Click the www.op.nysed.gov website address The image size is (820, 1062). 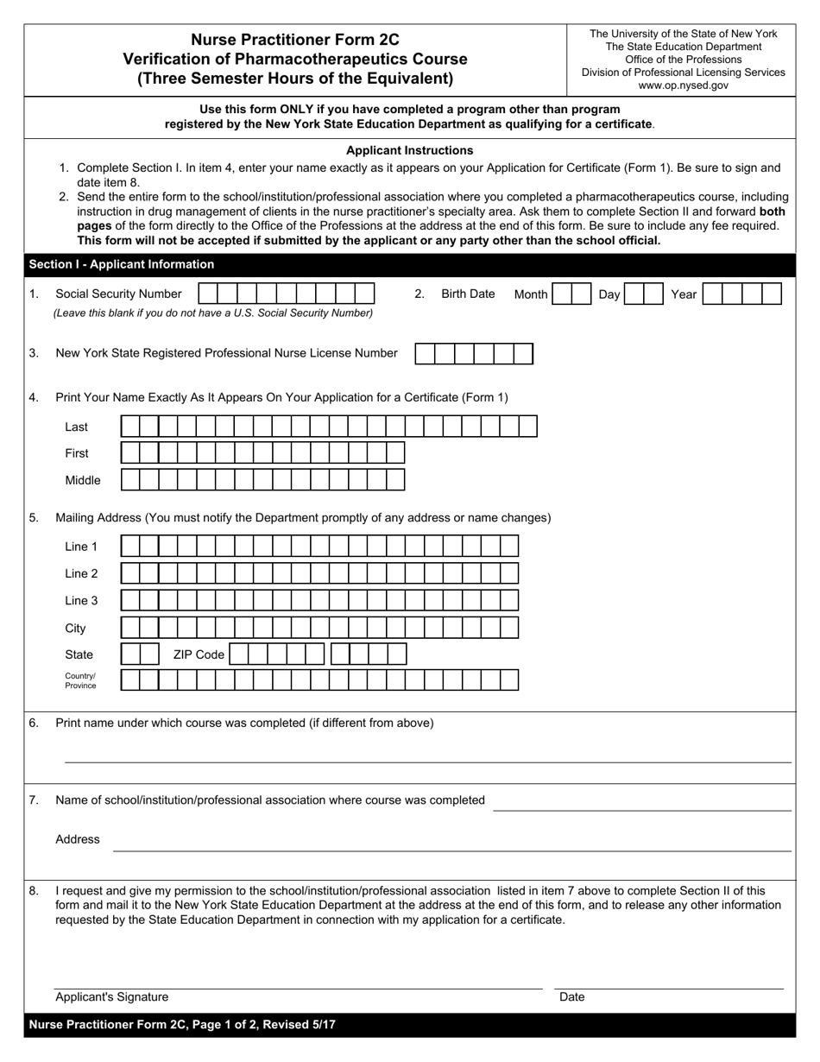coord(683,85)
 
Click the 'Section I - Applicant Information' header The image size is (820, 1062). coord(122,264)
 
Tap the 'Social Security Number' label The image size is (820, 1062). coord(118,294)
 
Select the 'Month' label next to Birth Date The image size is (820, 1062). coord(531,294)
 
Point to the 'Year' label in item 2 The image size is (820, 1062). coord(684,294)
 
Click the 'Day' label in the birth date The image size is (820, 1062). coord(609,294)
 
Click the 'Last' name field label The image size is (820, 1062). coord(77,427)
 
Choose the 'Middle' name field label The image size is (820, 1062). coord(83,480)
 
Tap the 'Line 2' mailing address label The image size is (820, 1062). coord(81,573)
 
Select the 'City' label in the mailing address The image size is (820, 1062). coord(75,629)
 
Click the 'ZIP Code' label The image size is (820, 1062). coord(199,654)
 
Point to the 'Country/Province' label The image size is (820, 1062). coord(80,680)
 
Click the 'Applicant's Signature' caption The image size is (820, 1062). coord(112,996)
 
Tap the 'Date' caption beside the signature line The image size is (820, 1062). coord(572,996)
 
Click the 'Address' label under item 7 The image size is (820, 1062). coord(78,839)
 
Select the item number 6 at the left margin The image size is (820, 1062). coord(34,723)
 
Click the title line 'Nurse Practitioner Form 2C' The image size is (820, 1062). coord(295,39)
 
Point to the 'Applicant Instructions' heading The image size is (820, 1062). coord(409,150)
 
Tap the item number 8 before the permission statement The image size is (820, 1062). coord(34,890)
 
